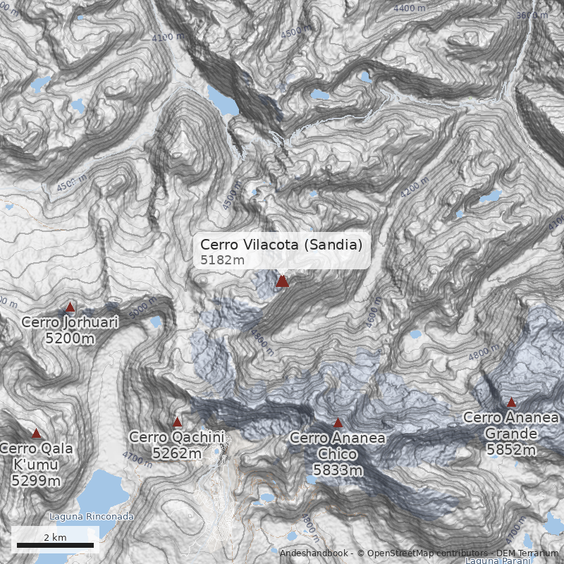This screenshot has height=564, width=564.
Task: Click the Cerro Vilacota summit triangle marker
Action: tap(282, 281)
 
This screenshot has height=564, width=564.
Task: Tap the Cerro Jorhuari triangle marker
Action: tap(70, 307)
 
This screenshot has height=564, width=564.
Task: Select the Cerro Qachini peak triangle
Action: tap(177, 422)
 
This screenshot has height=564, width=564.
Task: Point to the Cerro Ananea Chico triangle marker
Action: tap(338, 422)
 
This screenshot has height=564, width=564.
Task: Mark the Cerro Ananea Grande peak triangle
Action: tap(511, 403)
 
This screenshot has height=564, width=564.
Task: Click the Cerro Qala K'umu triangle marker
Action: tap(36, 434)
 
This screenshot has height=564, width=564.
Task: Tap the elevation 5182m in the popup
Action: tap(222, 260)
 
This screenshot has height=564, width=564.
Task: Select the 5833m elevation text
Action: tap(338, 470)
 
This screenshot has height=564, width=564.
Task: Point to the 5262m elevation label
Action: tap(177, 453)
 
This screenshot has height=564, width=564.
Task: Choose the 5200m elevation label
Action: tap(70, 338)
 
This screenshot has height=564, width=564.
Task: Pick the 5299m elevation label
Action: tap(36, 481)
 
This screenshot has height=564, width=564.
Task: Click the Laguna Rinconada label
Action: tap(91, 516)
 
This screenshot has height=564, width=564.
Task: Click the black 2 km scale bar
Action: tap(55, 545)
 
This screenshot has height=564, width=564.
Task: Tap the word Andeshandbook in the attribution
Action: tap(314, 553)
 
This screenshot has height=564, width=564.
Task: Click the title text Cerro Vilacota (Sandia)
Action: tap(281, 244)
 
